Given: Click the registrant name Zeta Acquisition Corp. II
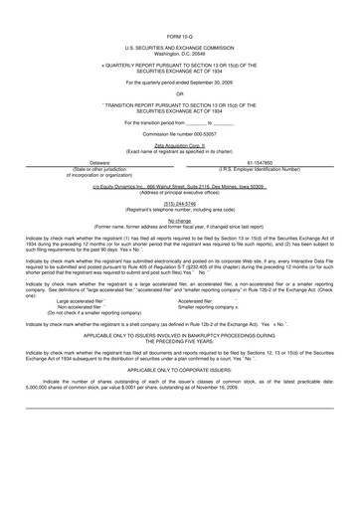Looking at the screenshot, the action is click(179, 144).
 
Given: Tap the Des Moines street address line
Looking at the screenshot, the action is click(179, 186).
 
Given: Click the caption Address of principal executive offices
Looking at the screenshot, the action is click(179, 192).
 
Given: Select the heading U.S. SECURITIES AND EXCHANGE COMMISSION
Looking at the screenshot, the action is click(179, 47).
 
